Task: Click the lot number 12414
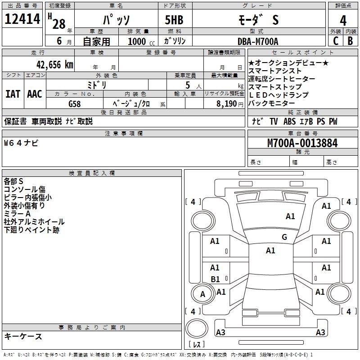coord(22,19)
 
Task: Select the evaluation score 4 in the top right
coord(343,21)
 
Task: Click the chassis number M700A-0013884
coord(302,144)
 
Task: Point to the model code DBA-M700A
coord(258,41)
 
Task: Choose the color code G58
coord(75,103)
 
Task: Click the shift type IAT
coord(13,94)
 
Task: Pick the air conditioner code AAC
coord(35,94)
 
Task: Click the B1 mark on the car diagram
coord(215,279)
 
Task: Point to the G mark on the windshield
coord(284,237)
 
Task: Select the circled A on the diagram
coord(202,294)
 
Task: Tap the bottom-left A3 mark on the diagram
coord(220,333)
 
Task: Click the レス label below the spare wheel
coord(197,345)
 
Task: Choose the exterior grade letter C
coord(335,41)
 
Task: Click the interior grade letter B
coord(351,41)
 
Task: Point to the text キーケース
coord(23,336)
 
